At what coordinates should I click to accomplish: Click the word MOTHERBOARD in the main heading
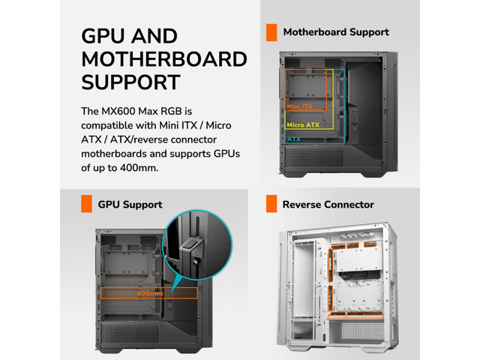[x=164, y=59]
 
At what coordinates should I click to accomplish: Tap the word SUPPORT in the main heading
[x=130, y=82]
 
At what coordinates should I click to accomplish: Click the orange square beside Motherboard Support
[x=271, y=32]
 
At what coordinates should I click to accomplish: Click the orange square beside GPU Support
[x=86, y=204]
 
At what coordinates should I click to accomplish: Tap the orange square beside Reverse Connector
[x=271, y=204]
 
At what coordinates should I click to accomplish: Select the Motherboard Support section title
[x=336, y=32]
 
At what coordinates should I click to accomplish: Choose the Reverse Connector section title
[x=328, y=205]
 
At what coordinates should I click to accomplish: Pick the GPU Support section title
[x=130, y=205]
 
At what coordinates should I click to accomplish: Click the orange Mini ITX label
[x=299, y=106]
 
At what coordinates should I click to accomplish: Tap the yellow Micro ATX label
[x=303, y=125]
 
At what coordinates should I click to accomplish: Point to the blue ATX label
[x=293, y=139]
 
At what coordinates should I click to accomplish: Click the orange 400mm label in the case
[x=150, y=293]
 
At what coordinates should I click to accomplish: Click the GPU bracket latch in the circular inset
[x=192, y=246]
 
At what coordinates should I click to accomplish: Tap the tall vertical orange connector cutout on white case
[x=331, y=265]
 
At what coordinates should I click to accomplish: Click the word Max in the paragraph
[x=148, y=111]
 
